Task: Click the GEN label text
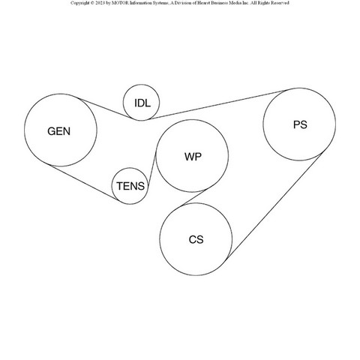pyautogui.click(x=59, y=131)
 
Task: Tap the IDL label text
pyautogui.click(x=142, y=103)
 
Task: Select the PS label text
pyautogui.click(x=300, y=124)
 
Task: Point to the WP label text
pyautogui.click(x=193, y=157)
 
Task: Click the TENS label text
pyautogui.click(x=130, y=186)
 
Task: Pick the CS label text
pyautogui.click(x=196, y=239)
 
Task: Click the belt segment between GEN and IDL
pyautogui.click(x=105, y=108)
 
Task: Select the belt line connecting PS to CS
pyautogui.click(x=274, y=206)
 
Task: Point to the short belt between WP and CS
pyautogui.click(x=194, y=197)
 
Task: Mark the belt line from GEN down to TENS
pyautogui.click(x=83, y=182)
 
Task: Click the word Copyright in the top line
pyautogui.click(x=79, y=3)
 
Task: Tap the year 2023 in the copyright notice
pyautogui.click(x=100, y=3)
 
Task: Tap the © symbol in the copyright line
pyautogui.click(x=91, y=3)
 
